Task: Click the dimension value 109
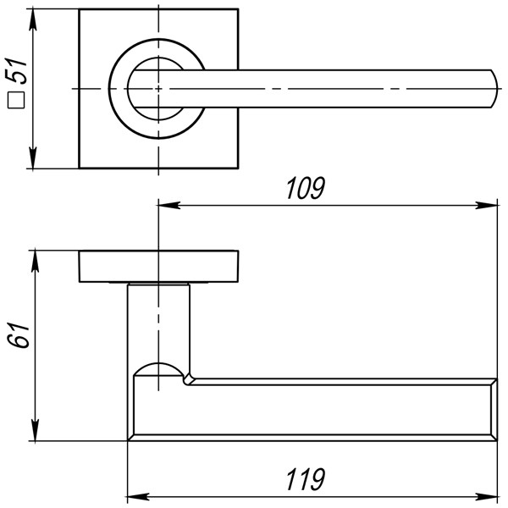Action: tap(305, 188)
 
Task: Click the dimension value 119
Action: tap(305, 478)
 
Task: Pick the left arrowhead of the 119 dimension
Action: tap(135, 494)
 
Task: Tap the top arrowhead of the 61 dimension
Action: tap(34, 259)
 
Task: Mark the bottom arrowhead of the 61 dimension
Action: tap(34, 433)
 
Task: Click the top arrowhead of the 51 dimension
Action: tap(34, 19)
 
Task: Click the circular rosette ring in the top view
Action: tap(119, 89)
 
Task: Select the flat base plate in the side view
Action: tap(159, 267)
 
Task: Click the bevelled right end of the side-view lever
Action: tap(491, 410)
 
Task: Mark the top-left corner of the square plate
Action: tap(80, 11)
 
